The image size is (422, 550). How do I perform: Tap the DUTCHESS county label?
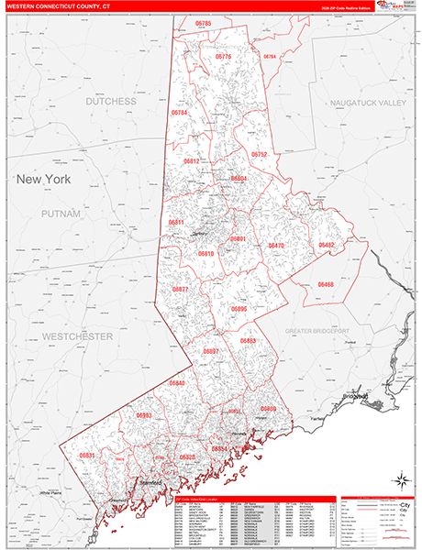(111, 102)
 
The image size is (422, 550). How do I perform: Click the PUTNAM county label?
(61, 213)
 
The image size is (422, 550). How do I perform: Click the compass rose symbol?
(400, 479)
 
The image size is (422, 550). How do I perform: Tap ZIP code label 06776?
(223, 57)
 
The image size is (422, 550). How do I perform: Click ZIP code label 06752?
(260, 155)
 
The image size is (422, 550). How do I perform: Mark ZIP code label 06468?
(326, 285)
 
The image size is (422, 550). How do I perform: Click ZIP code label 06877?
(180, 289)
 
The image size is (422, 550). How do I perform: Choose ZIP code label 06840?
(177, 382)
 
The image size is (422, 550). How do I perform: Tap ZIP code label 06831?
(87, 455)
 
